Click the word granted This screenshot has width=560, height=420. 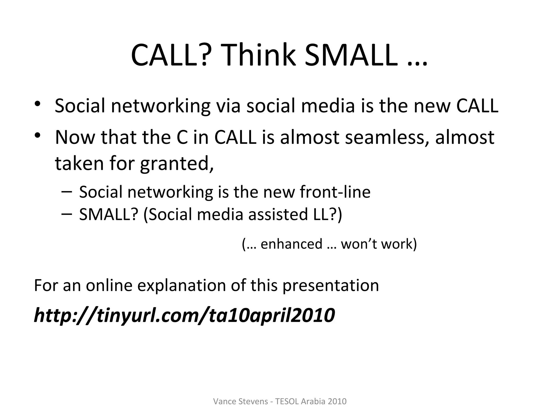point(177,164)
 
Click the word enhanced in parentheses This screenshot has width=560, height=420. point(291,244)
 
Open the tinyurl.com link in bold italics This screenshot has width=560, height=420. point(184,315)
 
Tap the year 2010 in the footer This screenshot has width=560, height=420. point(337,401)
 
